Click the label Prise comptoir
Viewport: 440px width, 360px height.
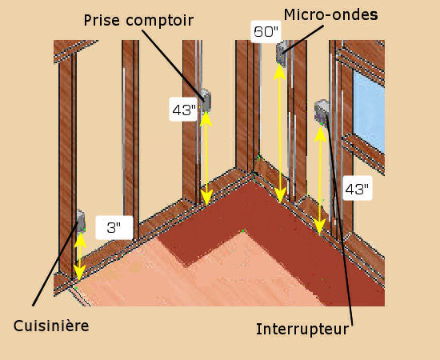(x=138, y=21)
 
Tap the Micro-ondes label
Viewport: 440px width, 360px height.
(x=331, y=14)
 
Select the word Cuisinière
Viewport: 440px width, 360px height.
(x=51, y=326)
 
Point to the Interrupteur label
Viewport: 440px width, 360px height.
(x=302, y=329)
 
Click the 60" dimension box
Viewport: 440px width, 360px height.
(x=266, y=32)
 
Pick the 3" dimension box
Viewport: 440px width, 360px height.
(x=114, y=227)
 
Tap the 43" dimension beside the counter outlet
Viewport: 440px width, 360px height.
(x=183, y=110)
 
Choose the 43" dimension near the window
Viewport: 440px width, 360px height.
(x=358, y=189)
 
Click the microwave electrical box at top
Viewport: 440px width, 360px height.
(x=282, y=54)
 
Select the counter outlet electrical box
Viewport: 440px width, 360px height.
(x=206, y=101)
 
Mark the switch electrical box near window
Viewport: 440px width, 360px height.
(x=322, y=112)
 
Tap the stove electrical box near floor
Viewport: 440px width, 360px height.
(x=81, y=221)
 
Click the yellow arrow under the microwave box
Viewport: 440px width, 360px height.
(x=280, y=133)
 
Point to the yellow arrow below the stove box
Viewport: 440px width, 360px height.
(x=80, y=256)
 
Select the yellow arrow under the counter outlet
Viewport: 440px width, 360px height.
(x=206, y=158)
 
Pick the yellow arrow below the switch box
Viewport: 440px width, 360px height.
(x=320, y=181)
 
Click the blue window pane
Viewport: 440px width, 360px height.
(x=369, y=111)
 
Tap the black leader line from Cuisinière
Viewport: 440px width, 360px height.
(x=55, y=263)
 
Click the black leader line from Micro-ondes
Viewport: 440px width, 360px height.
(x=302, y=39)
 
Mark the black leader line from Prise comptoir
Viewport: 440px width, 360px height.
(x=173, y=65)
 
